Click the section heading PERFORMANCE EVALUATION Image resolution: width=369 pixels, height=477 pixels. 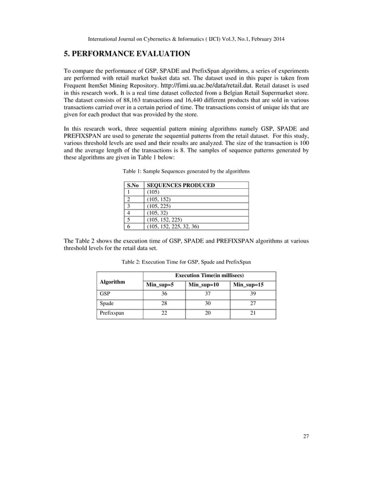click(x=127, y=54)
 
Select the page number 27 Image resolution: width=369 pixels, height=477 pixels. click(x=306, y=452)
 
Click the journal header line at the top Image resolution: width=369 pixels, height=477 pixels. click(x=184, y=39)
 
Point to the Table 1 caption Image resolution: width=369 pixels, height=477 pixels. click(x=186, y=172)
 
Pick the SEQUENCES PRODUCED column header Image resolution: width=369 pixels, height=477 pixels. click(x=181, y=185)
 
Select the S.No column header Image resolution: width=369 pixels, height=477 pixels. click(x=133, y=185)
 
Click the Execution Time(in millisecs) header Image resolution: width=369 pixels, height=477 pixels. click(x=209, y=276)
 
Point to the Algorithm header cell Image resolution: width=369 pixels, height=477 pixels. click(x=113, y=282)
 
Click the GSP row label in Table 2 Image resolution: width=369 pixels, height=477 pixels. click(x=105, y=294)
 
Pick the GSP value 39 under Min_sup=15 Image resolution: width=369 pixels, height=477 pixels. click(x=253, y=294)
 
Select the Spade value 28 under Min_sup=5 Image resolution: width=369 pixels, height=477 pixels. click(x=164, y=304)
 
